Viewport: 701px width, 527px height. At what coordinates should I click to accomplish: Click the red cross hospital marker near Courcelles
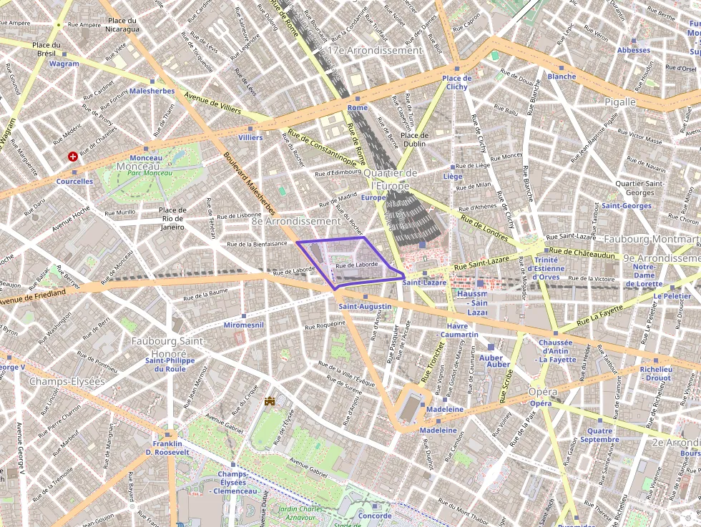73,156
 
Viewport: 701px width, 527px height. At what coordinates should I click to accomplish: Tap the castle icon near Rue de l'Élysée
270,403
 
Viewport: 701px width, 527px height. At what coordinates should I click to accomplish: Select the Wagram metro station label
64,64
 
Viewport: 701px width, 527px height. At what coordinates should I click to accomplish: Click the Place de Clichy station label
456,82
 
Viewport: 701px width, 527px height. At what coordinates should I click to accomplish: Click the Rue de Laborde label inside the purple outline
356,265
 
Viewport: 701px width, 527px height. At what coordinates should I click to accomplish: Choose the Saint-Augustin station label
365,306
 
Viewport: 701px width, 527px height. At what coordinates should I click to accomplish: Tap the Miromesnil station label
244,325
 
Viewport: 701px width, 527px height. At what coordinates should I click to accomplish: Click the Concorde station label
374,516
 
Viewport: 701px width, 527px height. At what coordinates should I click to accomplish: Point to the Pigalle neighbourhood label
619,102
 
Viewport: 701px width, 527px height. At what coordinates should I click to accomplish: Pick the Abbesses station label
634,50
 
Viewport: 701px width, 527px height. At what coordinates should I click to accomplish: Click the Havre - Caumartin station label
459,330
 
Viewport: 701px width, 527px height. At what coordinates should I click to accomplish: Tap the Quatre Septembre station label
599,435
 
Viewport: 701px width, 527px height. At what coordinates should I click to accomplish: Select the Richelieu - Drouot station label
655,374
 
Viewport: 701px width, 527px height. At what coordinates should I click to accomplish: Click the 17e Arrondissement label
374,51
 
